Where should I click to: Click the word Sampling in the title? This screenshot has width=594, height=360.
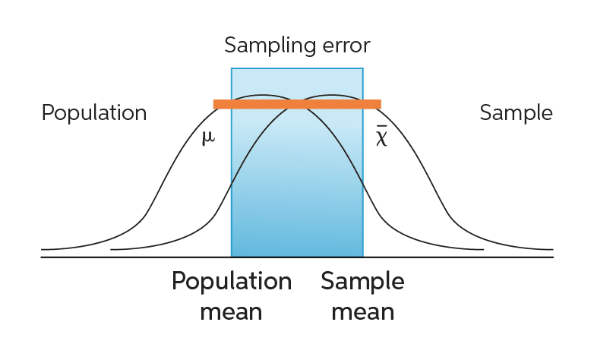[x=270, y=46]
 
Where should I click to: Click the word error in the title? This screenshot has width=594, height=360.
[x=346, y=46]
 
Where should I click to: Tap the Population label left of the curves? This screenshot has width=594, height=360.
[x=94, y=113]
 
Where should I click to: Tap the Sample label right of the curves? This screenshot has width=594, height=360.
[x=516, y=113]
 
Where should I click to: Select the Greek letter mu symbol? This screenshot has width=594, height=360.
[x=208, y=137]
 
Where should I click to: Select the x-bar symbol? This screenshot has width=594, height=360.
[x=381, y=137]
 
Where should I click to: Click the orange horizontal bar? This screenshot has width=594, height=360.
[x=297, y=104]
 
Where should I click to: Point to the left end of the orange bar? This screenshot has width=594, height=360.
[x=213, y=104]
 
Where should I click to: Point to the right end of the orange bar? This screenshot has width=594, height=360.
[x=381, y=104]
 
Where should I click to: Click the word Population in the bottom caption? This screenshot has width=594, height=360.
[x=232, y=282]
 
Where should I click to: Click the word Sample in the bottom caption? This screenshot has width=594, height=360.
[x=362, y=282]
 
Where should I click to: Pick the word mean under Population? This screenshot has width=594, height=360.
[x=231, y=312]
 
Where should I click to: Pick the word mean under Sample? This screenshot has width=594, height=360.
[x=363, y=312]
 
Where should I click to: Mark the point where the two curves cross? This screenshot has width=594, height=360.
[x=298, y=102]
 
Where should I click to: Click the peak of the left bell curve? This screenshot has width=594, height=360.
[x=261, y=95]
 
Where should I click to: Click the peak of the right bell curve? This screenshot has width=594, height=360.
[x=333, y=95]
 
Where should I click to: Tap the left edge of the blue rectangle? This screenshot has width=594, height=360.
[x=231, y=163]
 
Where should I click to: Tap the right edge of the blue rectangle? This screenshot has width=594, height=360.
[x=363, y=163]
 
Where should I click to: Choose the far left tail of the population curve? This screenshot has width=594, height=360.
[x=42, y=249]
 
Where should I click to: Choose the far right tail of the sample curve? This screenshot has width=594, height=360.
[x=552, y=249]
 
